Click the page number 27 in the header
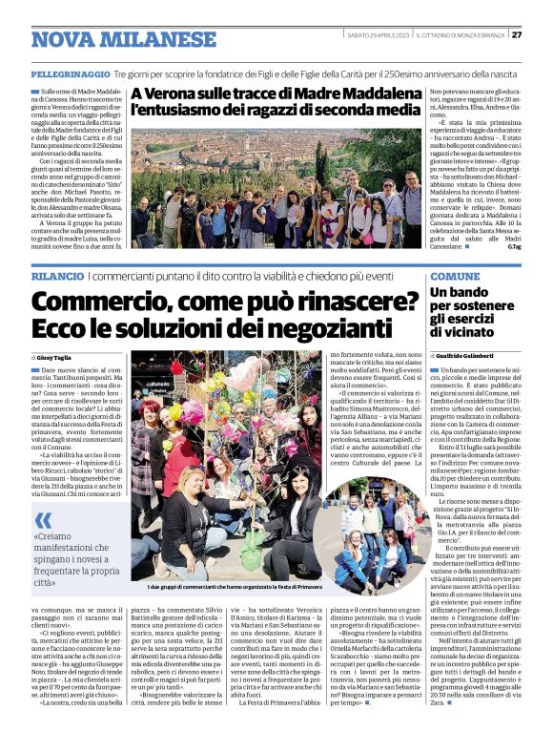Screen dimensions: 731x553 pyautogui.click(x=517, y=35)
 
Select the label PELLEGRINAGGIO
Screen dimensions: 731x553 pyautogui.click(x=71, y=73)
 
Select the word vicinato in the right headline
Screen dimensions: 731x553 pyautogui.click(x=463, y=333)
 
